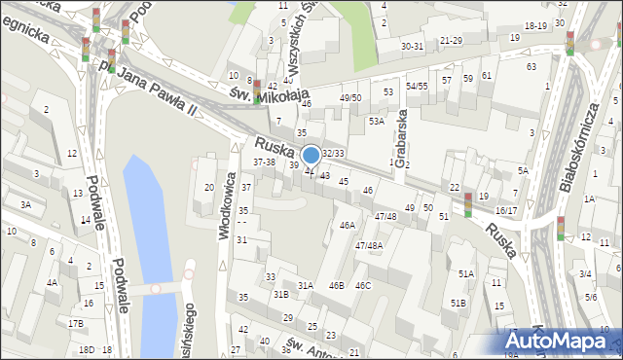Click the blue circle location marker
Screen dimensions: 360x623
[x=311, y=155]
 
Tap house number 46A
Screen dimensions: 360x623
[x=348, y=225]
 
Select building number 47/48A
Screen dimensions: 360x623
[x=369, y=246]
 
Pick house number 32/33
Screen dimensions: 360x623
[x=333, y=154]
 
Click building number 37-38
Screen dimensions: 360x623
[x=264, y=162]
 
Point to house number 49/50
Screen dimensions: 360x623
[x=350, y=98]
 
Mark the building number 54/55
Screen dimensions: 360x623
[x=417, y=86]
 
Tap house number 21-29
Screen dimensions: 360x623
[x=451, y=40]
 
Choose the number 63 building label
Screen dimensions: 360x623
[x=531, y=66]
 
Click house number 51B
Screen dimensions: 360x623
[x=458, y=304]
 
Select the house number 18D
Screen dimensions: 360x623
[x=87, y=349]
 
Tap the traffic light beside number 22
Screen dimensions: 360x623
[x=468, y=204]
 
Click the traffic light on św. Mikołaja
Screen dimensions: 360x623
[x=257, y=90]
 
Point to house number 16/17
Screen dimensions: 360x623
[x=506, y=210]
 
